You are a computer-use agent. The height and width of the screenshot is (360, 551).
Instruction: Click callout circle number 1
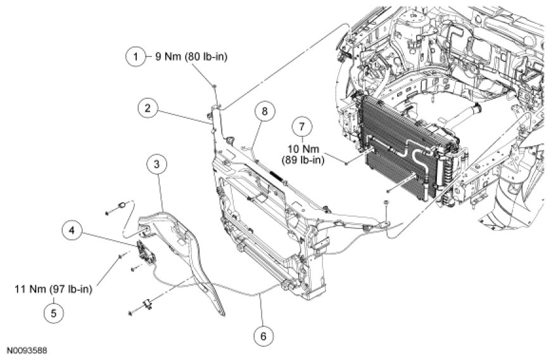coord(135,57)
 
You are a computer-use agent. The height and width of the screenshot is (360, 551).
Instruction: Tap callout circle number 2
coord(147,108)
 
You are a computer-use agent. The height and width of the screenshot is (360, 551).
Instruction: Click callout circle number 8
coord(265,112)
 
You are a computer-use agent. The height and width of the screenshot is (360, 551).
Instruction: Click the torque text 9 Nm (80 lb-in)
coord(191,57)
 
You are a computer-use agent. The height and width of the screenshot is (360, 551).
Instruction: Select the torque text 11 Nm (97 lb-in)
coord(53,290)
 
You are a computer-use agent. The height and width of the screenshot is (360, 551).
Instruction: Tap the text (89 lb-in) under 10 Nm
coord(307,160)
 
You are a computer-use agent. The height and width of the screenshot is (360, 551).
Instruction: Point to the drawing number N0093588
coord(27,350)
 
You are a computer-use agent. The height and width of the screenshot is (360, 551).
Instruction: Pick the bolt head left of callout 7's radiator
coord(348,163)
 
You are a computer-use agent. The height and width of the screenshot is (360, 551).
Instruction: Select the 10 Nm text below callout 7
coord(307,149)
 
